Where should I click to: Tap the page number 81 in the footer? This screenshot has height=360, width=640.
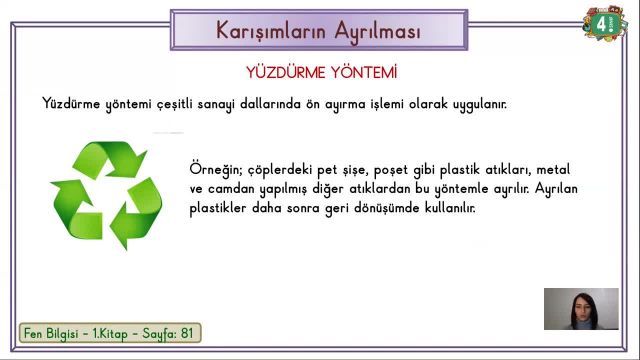tap(187, 333)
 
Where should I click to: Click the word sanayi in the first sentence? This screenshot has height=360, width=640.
tap(254, 104)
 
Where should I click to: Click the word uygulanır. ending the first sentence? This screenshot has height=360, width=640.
tap(475, 104)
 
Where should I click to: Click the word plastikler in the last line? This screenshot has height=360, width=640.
tap(220, 209)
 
